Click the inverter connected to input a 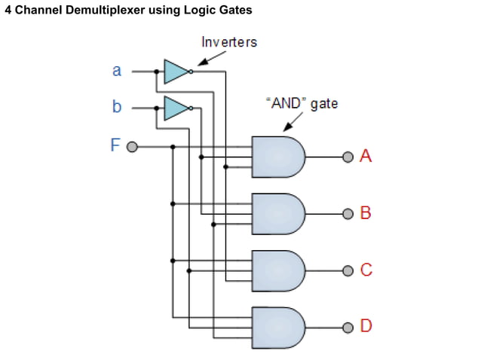pos(176,72)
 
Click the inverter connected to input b pos(176,108)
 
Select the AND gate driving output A pos(277,157)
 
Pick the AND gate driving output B pos(277,213)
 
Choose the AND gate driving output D pos(277,327)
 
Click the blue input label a pos(116,71)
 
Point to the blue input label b pos(116,107)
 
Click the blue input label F pos(115,145)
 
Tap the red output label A pos(366,157)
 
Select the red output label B pos(366,213)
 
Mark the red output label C pos(366,270)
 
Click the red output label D pos(366,327)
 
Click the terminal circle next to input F pos(132,146)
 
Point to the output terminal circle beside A pos(347,157)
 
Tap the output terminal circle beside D pos(347,327)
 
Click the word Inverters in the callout pos(228,42)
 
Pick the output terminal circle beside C pos(347,270)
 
